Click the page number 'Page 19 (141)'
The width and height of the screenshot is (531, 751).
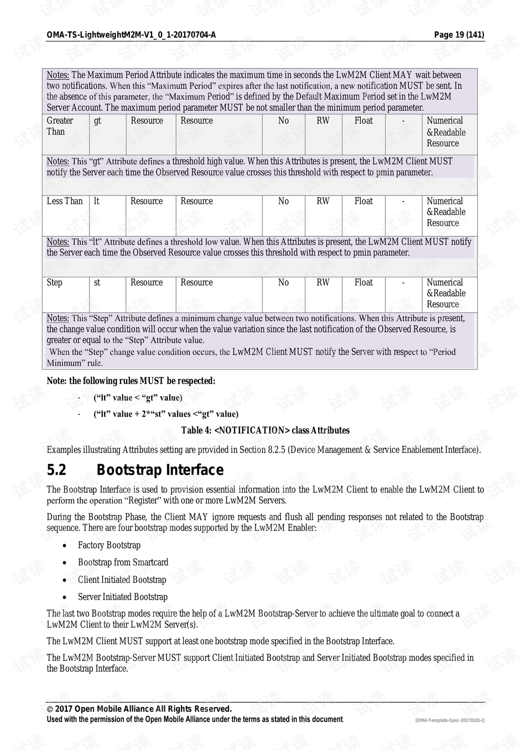(x=459, y=35)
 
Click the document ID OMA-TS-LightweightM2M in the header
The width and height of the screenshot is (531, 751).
(x=131, y=35)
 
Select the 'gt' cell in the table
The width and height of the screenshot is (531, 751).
(x=97, y=121)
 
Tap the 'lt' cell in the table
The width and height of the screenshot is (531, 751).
(x=97, y=201)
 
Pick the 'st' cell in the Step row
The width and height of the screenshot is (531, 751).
(x=97, y=283)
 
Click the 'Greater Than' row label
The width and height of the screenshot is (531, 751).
(x=60, y=126)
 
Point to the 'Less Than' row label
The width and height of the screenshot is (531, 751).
(x=65, y=201)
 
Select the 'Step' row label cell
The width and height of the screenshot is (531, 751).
(x=55, y=283)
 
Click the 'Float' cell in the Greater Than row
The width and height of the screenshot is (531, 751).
(x=363, y=121)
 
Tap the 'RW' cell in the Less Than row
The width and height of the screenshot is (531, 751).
(x=323, y=201)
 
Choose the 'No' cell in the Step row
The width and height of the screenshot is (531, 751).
(x=283, y=283)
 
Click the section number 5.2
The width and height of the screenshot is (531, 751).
(x=56, y=470)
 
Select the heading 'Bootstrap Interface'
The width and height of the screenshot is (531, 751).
(x=160, y=470)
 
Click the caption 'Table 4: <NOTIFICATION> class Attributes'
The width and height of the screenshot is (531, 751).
(x=265, y=431)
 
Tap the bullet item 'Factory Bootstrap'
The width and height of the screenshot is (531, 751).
(x=109, y=545)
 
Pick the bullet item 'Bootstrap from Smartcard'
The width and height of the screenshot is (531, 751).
(x=123, y=562)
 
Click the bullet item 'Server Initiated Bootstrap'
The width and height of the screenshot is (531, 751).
(x=122, y=597)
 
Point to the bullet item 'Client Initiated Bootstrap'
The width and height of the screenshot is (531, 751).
(x=122, y=579)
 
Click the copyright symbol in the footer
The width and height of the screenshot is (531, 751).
(x=50, y=709)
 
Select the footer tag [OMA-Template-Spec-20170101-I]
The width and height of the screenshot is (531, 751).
(x=450, y=720)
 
